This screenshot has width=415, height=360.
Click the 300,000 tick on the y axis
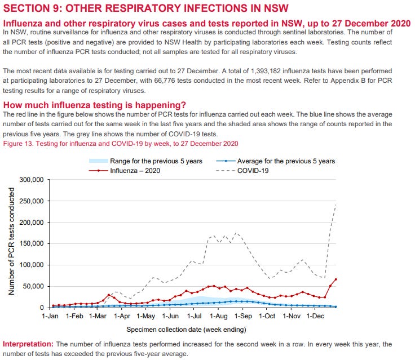tap(32, 180)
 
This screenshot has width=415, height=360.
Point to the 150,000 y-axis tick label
tap(32, 244)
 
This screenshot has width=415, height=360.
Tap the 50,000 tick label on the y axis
tap(34, 286)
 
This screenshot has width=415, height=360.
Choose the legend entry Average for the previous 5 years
tap(286, 161)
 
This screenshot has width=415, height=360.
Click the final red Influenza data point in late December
tap(335, 279)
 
